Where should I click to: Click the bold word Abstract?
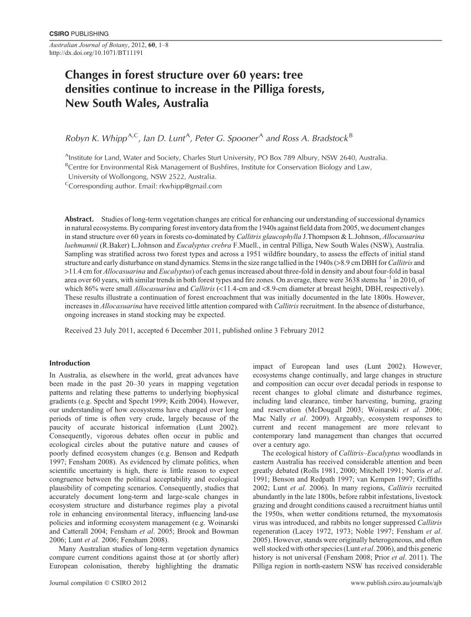(x=79, y=219)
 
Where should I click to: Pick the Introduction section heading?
(x=70, y=363)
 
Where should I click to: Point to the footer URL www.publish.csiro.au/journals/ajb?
(x=396, y=599)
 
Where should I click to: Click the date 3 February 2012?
(x=293, y=331)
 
